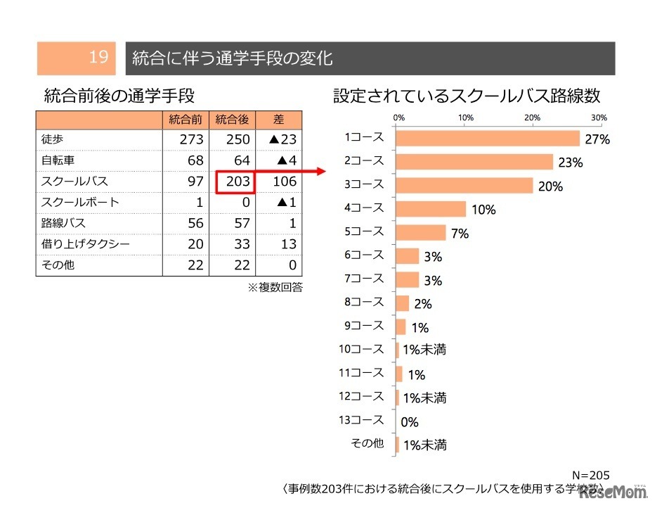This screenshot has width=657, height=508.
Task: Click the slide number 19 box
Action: [77, 58]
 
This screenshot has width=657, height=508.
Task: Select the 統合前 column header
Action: [186, 120]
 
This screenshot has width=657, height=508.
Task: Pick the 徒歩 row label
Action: [53, 139]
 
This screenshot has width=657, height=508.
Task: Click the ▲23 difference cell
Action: [279, 140]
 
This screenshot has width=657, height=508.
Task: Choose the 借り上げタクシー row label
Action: [76, 244]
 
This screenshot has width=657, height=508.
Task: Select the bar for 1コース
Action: [488, 139]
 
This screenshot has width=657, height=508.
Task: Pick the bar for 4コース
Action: [431, 209]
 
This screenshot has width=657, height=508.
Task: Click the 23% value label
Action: [571, 163]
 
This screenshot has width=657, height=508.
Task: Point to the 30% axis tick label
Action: [599, 117]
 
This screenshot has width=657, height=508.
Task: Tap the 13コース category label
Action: [361, 420]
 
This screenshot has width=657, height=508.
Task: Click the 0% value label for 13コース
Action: [409, 422]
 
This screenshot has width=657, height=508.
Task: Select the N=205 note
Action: [590, 476]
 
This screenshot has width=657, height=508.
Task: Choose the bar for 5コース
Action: [422, 232]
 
